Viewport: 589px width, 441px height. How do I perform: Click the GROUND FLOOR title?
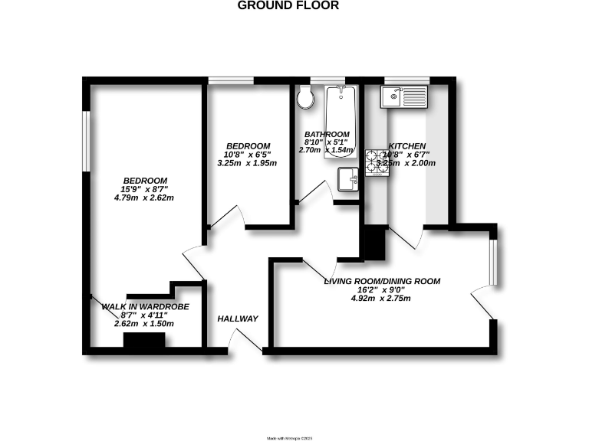pos(288,5)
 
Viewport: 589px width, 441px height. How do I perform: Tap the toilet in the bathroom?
pos(306,96)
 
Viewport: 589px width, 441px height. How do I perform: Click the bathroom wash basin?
pos(348,180)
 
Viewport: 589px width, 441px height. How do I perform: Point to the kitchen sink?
pos(404,96)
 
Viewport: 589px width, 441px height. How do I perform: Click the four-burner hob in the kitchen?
pos(377,162)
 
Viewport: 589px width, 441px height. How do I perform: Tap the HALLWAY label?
pos(238,318)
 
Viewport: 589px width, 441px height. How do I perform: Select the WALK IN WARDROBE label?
pos(145,307)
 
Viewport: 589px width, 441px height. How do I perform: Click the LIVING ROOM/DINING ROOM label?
pos(382,281)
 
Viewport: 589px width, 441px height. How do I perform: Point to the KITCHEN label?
pos(407,146)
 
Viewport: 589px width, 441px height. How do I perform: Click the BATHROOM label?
pos(327,134)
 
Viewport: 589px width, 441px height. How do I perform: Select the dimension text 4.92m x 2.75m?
pos(381,299)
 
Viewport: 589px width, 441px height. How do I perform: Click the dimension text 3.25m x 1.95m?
pos(248,163)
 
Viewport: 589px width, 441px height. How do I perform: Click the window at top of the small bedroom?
pos(231,80)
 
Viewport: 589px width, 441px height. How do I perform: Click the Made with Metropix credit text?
pos(290,437)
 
